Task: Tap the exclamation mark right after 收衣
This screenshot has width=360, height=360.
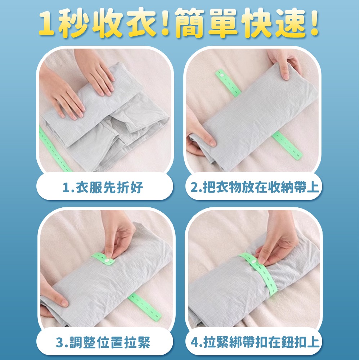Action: point(165,24)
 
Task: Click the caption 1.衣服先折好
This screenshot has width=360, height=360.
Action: point(103,188)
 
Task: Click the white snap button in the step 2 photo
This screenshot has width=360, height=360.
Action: point(221,74)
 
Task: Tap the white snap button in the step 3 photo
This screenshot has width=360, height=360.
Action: point(107,258)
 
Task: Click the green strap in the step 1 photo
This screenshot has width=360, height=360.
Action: point(54,149)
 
